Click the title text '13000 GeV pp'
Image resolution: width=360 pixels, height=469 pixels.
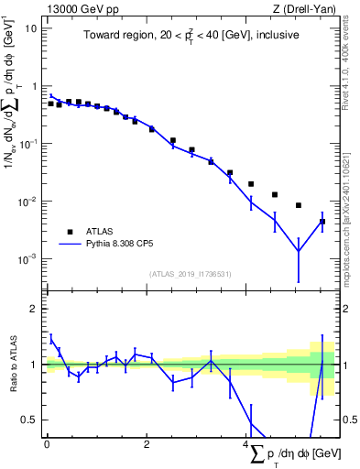click(77, 9)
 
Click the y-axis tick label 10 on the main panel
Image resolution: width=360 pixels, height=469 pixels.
click(30, 28)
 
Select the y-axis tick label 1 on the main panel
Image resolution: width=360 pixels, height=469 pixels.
click(34, 86)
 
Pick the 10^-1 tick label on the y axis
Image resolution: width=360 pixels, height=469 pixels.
click(28, 143)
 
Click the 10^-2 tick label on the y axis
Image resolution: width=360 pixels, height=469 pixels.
click(28, 201)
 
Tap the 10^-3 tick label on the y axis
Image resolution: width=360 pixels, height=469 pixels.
click(28, 258)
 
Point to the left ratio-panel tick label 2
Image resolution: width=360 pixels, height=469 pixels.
click(34, 309)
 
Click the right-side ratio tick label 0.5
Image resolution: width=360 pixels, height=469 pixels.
click(346, 420)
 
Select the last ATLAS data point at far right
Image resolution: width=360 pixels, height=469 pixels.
click(322, 222)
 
